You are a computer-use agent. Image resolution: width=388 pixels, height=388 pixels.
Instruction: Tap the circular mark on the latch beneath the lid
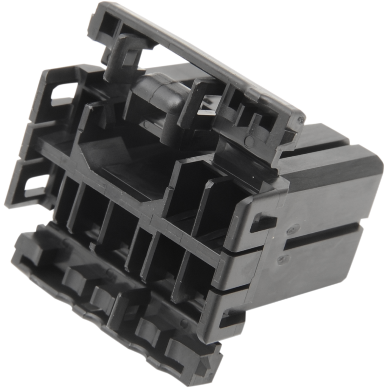[x=248, y=141]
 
